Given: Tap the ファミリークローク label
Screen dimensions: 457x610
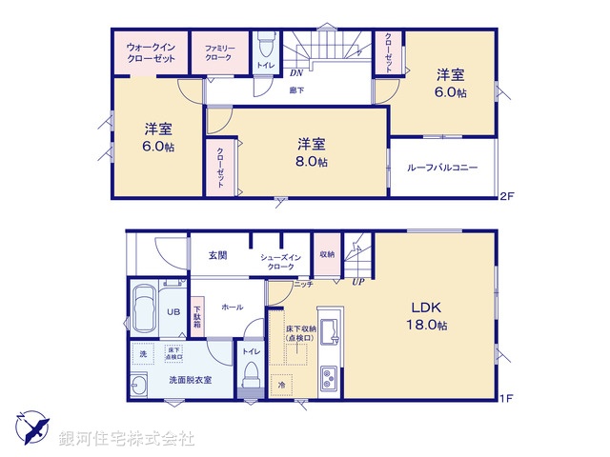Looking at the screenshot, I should pyautogui.click(x=218, y=51).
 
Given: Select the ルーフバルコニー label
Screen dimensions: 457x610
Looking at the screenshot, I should pyautogui.click(x=442, y=168).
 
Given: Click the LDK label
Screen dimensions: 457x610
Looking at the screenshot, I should pyautogui.click(x=427, y=308).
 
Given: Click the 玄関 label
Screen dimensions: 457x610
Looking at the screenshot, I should pyautogui.click(x=217, y=255).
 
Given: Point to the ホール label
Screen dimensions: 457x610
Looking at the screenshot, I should pyautogui.click(x=232, y=308).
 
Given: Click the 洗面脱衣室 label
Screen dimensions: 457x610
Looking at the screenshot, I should pyautogui.click(x=191, y=380).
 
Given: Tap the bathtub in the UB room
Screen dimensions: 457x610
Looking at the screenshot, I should pyautogui.click(x=145, y=308).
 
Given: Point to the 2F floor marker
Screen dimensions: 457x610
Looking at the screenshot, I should pyautogui.click(x=507, y=197).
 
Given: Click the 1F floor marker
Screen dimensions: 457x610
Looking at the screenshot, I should pyautogui.click(x=507, y=398).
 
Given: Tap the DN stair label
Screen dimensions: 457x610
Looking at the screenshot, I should pyautogui.click(x=296, y=71).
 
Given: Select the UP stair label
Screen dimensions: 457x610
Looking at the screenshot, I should pyautogui.click(x=357, y=281).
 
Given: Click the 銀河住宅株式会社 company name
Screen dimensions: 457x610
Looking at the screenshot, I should pyautogui.click(x=126, y=439).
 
